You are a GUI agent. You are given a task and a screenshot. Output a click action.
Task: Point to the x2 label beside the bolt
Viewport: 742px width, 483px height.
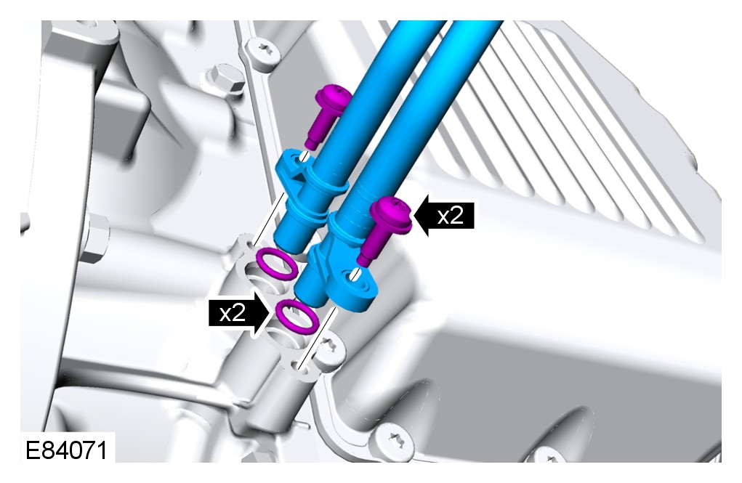pyautogui.click(x=450, y=216)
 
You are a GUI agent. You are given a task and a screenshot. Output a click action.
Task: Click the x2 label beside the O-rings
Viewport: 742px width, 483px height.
pyautogui.click(x=233, y=312)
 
